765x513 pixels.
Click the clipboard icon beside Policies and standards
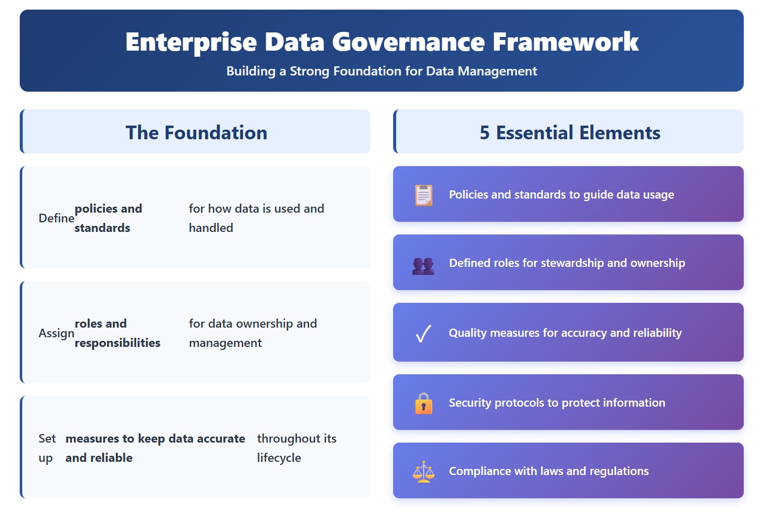[423, 195]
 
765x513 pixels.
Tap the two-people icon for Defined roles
[423, 266]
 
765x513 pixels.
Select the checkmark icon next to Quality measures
[423, 333]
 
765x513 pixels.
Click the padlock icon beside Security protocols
[423, 404]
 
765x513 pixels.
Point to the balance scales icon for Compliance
[423, 471]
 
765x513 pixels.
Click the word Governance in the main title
[409, 42]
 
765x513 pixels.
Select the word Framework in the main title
[565, 42]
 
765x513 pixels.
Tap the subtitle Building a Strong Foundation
[381, 71]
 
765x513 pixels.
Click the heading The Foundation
[196, 133]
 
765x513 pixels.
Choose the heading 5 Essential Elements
[570, 133]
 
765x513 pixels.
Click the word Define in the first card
[56, 218]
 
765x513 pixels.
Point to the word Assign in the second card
[56, 333]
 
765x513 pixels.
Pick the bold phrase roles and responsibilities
[117, 333]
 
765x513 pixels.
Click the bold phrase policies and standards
[108, 218]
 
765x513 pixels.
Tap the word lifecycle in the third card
[279, 458]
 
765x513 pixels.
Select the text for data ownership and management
[253, 333]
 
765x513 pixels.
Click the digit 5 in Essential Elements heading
[485, 133]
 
